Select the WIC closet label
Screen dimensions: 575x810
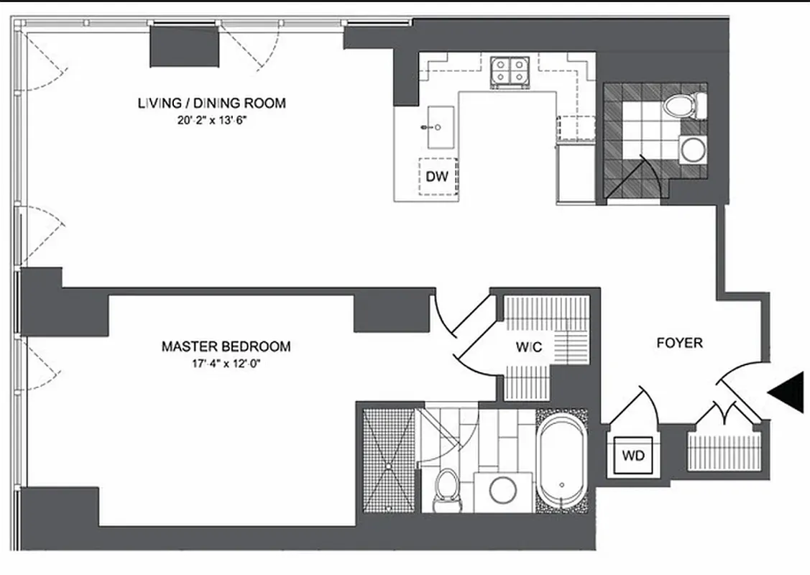[x=528, y=348]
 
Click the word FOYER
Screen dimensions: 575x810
[x=679, y=344]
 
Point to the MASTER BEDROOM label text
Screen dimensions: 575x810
[x=226, y=346]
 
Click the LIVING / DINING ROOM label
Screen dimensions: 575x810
[x=211, y=103]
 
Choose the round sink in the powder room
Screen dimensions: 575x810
[x=693, y=150]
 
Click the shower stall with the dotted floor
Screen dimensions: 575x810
[x=389, y=460]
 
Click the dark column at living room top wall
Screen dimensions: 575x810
[x=183, y=48]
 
